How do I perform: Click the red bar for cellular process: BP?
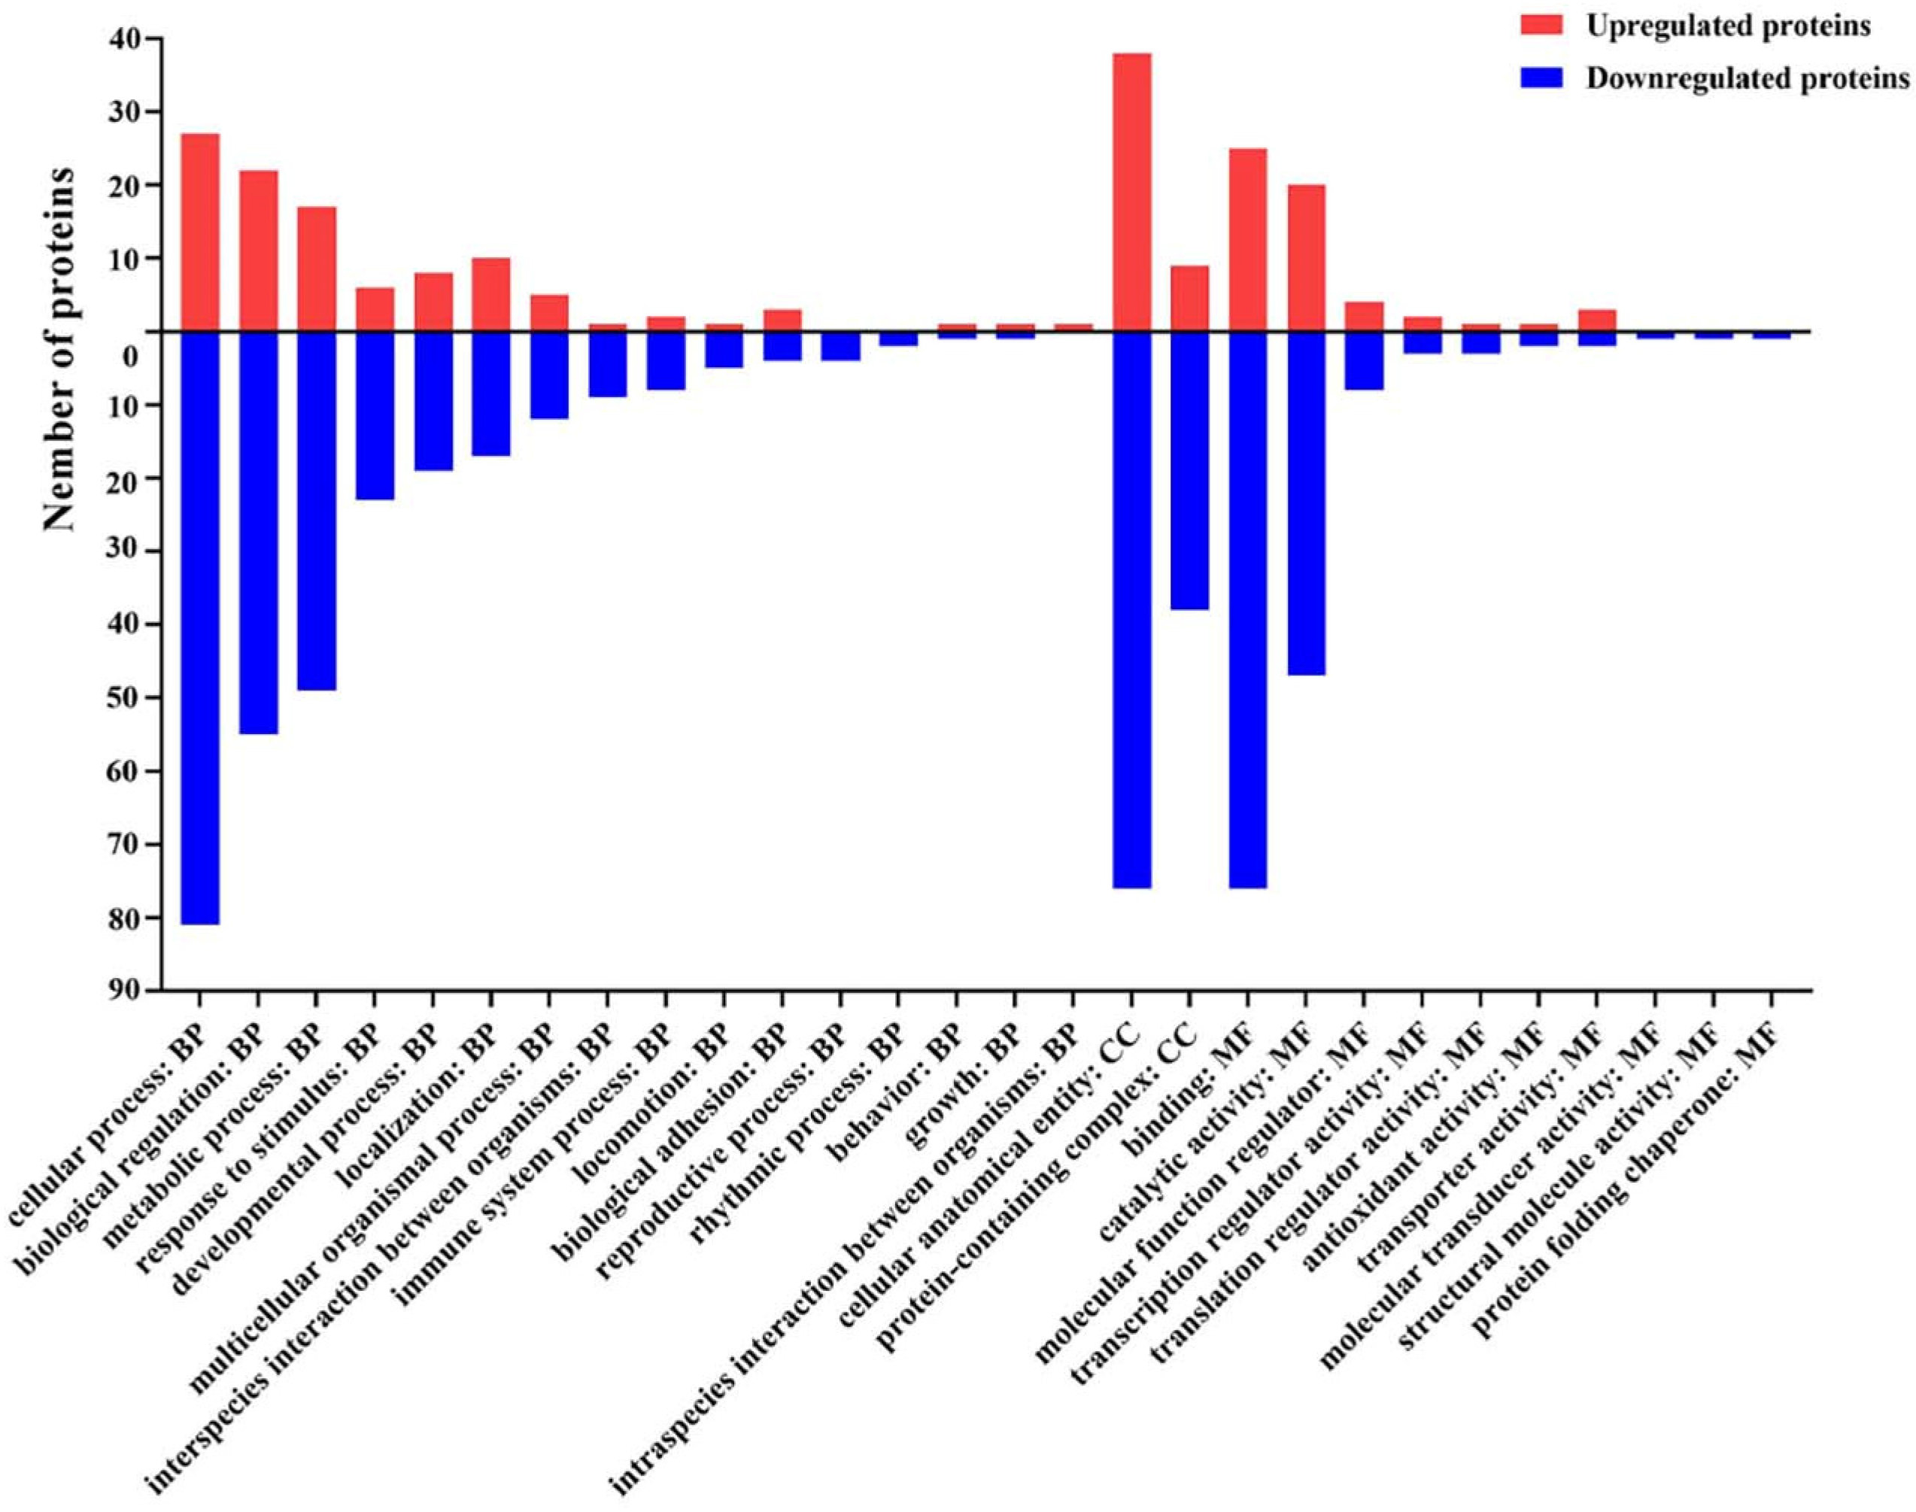click(200, 232)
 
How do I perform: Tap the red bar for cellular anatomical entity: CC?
click(1131, 192)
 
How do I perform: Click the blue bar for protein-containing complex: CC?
click(1189, 470)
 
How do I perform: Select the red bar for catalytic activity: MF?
click(1306, 257)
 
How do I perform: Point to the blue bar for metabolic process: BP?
click(317, 510)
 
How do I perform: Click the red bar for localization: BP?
click(490, 294)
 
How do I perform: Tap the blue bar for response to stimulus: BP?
click(375, 415)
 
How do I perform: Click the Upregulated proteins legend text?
click(1727, 26)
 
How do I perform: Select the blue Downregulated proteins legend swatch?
click(1545, 79)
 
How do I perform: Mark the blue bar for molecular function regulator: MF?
click(1364, 360)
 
